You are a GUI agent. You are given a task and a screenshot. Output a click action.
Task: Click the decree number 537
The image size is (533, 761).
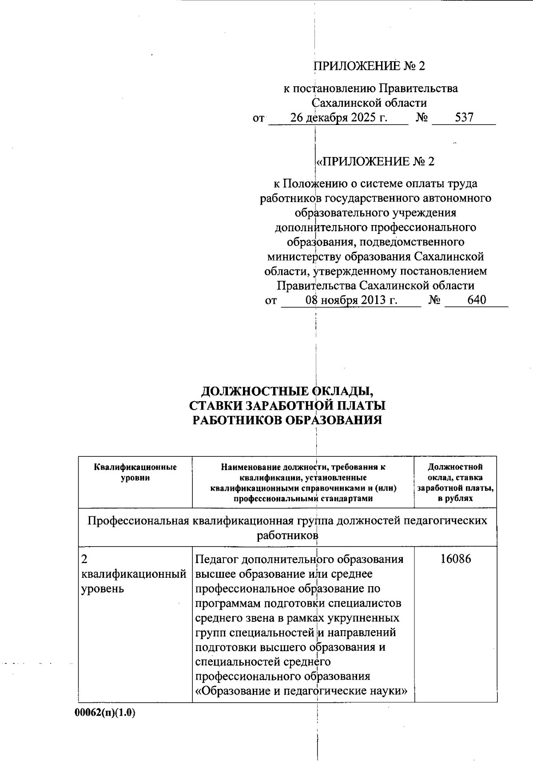point(464,117)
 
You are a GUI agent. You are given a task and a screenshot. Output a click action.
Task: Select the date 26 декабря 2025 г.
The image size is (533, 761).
point(338,117)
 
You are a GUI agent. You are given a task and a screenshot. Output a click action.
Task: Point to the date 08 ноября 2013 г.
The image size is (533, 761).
point(351,300)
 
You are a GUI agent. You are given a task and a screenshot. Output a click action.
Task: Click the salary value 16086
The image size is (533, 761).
point(456,559)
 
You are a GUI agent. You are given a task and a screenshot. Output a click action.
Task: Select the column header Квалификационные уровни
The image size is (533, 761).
point(135,472)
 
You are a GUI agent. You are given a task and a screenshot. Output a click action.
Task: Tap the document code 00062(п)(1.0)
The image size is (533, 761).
point(105,713)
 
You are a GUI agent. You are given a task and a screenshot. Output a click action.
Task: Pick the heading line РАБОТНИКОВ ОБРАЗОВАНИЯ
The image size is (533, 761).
point(287,420)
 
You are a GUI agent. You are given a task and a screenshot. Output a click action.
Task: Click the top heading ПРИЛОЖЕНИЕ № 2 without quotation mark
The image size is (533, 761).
point(369,66)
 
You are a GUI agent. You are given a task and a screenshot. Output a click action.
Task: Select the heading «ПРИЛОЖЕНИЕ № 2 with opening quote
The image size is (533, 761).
point(374,161)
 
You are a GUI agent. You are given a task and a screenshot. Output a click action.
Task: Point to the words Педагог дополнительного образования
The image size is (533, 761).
point(299,559)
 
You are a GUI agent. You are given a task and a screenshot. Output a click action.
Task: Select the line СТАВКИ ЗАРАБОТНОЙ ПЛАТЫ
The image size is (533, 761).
point(287,406)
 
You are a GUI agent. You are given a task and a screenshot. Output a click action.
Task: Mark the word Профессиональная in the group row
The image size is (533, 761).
point(139,520)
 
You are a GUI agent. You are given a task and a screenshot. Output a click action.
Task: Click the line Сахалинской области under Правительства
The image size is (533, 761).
point(369,103)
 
